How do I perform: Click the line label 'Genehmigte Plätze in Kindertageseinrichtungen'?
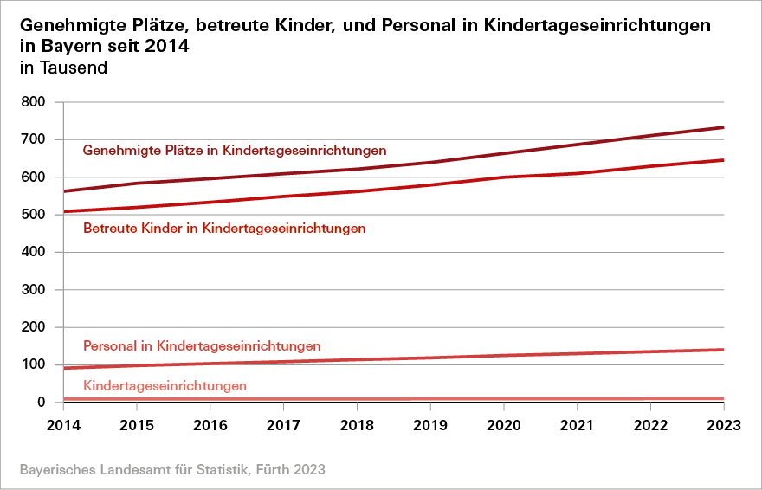tap(234, 151)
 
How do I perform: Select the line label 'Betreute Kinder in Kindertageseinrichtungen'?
tap(224, 229)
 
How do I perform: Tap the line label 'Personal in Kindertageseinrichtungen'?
tap(202, 346)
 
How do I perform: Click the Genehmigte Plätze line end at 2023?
tap(723, 127)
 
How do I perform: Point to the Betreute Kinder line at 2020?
tap(504, 177)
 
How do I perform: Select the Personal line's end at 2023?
tap(723, 350)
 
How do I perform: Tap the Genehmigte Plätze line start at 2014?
tap(65, 191)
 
